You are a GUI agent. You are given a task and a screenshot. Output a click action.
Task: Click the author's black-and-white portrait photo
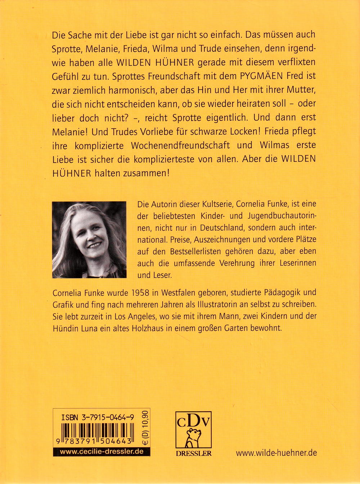[89, 240]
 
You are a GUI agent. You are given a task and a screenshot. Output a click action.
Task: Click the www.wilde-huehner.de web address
[276, 452]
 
